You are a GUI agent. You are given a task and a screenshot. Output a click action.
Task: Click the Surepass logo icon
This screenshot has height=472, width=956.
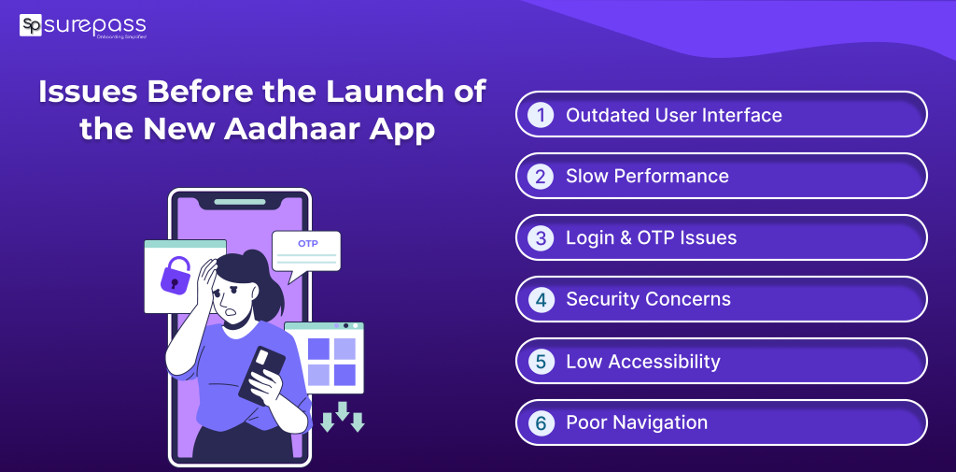[31, 24]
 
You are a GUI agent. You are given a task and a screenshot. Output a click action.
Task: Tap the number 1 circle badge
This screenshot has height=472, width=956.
[540, 115]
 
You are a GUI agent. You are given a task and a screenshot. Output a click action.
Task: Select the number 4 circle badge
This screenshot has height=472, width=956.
[540, 300]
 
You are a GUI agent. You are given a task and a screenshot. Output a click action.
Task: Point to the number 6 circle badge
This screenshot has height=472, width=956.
[540, 423]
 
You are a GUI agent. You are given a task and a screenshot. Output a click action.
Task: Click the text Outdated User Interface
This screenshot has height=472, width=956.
[673, 115]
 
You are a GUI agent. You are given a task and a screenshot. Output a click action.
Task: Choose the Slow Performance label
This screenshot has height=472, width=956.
[647, 177]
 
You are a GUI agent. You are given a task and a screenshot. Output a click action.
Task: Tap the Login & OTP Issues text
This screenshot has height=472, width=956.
[651, 238]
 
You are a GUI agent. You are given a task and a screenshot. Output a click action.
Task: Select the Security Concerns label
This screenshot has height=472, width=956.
[648, 300]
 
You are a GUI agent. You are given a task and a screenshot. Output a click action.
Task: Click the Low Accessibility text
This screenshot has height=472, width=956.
[642, 362]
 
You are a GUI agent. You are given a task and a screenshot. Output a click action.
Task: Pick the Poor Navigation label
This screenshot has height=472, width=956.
[637, 423]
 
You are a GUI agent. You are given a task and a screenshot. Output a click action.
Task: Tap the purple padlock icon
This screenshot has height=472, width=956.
[175, 276]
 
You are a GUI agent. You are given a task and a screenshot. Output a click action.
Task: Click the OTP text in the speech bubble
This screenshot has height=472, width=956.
[307, 243]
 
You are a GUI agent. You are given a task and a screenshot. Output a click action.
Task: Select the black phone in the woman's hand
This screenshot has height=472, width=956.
[262, 374]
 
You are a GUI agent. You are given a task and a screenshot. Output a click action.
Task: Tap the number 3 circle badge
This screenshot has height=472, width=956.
[540, 238]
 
